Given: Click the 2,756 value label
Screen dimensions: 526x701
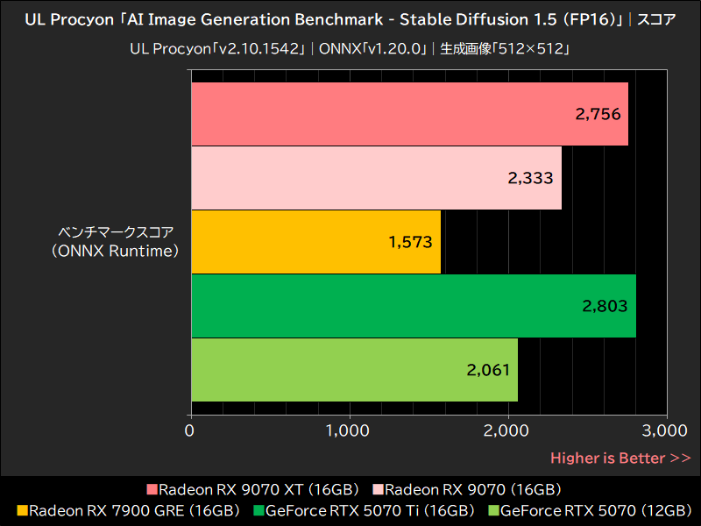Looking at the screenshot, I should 598,114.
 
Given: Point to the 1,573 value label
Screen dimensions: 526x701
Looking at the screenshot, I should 411,242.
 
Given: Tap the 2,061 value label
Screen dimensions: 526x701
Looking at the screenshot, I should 488,370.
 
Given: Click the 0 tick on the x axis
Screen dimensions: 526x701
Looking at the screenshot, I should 190,430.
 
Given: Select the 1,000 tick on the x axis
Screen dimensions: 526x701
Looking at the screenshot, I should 349,430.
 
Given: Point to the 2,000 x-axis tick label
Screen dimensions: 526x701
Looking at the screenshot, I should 507,430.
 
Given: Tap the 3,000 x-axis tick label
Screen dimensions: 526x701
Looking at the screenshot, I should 665,430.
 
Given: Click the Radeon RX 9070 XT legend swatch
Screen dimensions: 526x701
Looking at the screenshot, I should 152,489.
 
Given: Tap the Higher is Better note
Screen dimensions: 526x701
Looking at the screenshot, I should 620,458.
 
